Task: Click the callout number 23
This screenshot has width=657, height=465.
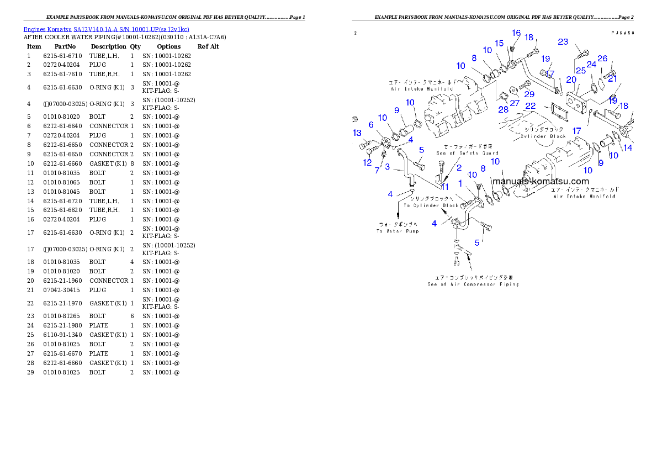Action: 563,41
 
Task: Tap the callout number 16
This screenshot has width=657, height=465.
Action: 516,33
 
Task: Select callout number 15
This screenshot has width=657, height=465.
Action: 499,43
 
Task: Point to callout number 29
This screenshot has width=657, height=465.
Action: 529,94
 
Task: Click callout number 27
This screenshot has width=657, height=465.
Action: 515,103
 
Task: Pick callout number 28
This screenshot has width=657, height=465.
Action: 503,109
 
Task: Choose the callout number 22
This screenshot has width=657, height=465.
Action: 530,105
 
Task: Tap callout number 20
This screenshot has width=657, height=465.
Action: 571,80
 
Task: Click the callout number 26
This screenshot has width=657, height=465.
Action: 602,59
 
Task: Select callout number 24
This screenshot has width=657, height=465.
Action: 592,65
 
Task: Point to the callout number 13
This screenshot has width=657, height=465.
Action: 357,133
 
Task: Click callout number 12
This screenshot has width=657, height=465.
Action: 367,162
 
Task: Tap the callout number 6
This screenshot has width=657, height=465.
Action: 371,125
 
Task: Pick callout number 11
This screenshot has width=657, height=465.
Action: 445,187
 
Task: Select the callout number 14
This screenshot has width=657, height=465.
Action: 628,148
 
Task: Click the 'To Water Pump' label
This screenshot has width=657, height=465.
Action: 398,228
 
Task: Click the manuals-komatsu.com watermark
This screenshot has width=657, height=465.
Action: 541,181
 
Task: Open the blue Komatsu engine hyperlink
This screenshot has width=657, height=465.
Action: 106,29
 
